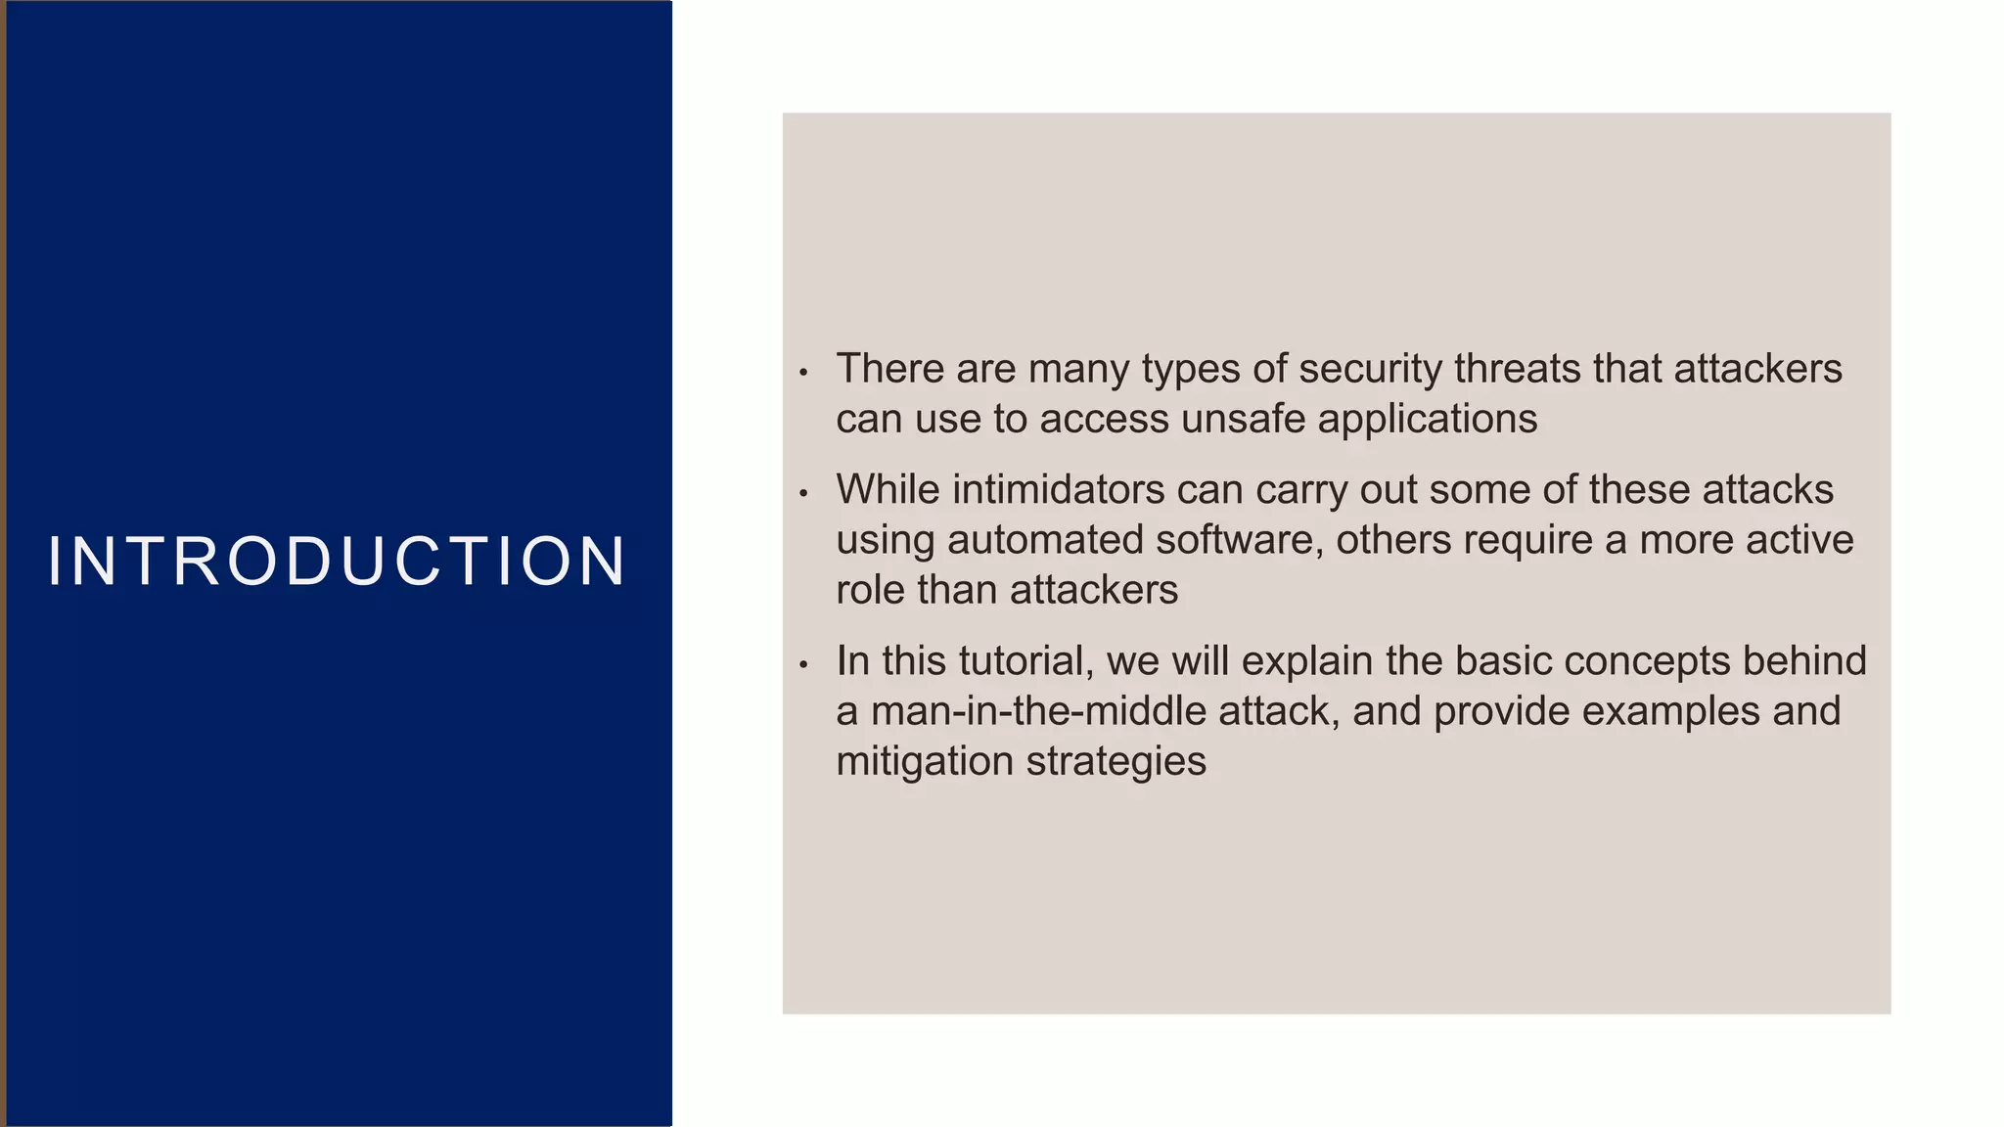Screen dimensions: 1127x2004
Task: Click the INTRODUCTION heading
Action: tap(337, 562)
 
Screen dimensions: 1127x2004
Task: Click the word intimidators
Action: tap(1058, 489)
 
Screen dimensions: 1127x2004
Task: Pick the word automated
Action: tap(1045, 540)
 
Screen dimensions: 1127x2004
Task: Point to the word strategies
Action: tap(1116, 762)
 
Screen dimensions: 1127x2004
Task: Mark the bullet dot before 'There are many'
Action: tap(803, 373)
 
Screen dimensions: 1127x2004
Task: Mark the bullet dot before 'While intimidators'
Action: tap(803, 493)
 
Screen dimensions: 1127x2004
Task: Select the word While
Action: tap(888, 489)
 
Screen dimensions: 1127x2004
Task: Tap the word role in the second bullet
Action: tap(870, 590)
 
